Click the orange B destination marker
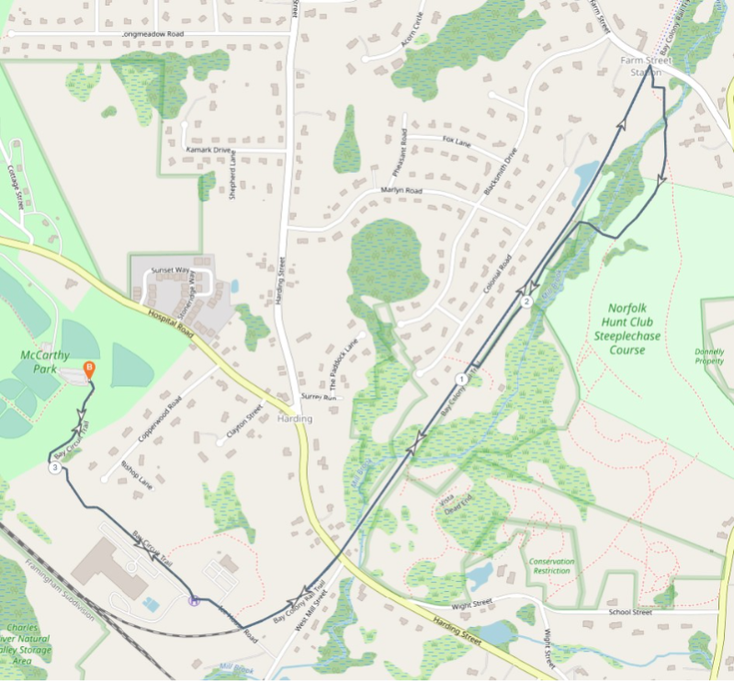pyautogui.click(x=89, y=369)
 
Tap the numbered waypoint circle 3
pyautogui.click(x=56, y=468)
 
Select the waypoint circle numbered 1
pyautogui.click(x=460, y=379)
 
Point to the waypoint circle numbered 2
pyautogui.click(x=526, y=301)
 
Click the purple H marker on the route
pyautogui.click(x=193, y=601)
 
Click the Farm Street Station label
pyautogui.click(x=646, y=65)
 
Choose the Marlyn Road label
pyautogui.click(x=401, y=190)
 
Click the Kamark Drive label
pyautogui.click(x=209, y=149)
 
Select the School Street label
pyautogui.click(x=630, y=612)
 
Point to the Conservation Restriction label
pyautogui.click(x=551, y=566)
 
